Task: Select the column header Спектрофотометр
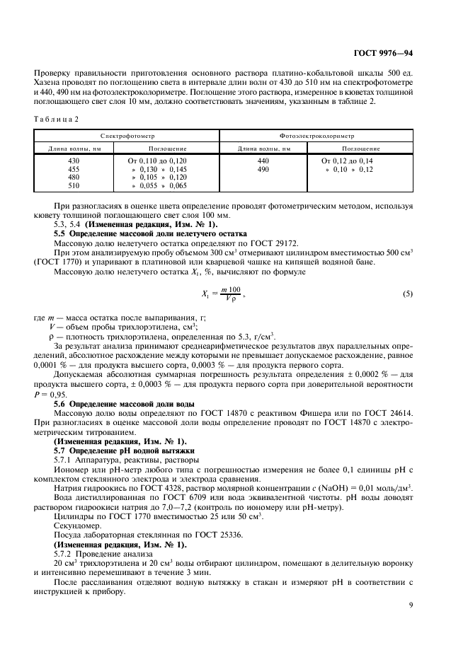tap(127, 134)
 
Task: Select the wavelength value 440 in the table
tap(264, 162)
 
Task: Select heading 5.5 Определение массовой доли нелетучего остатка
tap(150, 233)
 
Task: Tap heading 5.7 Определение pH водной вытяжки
tap(125, 450)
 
